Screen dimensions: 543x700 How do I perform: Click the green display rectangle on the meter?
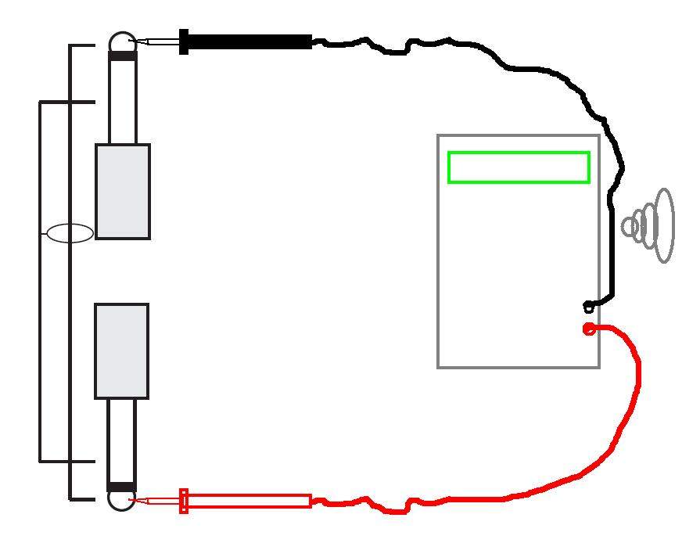(518, 167)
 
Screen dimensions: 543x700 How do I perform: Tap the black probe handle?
(250, 41)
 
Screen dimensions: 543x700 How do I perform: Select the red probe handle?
(250, 501)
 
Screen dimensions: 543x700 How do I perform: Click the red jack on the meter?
(589, 329)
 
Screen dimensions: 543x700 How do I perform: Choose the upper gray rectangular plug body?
(123, 192)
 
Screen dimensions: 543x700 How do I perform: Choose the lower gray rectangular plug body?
(122, 351)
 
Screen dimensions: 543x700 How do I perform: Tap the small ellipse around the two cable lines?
(70, 233)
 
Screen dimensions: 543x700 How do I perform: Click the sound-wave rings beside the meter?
(648, 226)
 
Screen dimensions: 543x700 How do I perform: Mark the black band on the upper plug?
(122, 56)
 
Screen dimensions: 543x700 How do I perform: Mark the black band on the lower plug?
(121, 487)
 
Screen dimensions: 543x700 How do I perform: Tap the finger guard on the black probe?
(184, 41)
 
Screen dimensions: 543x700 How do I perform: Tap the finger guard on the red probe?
(184, 501)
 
